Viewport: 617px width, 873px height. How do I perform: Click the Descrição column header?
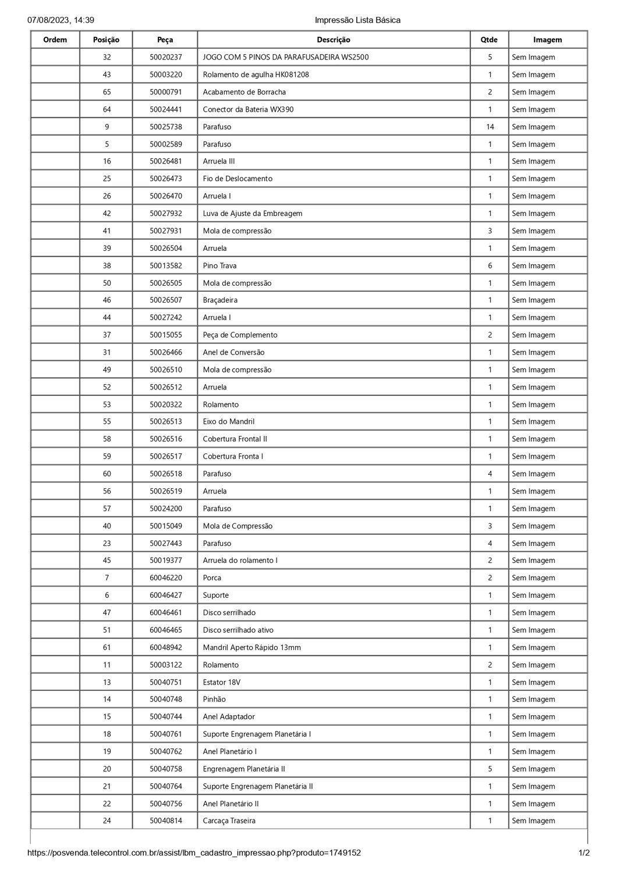334,40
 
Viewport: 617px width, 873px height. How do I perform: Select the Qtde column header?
489,40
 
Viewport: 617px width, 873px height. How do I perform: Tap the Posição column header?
107,40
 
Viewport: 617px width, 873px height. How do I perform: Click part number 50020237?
165,58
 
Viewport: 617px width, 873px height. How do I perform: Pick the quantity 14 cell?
490,127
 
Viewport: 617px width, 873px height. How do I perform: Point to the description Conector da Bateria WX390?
248,109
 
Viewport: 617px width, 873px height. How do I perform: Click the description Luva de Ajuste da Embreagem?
253,214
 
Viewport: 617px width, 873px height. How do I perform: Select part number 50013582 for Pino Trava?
165,266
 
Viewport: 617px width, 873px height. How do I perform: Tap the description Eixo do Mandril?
229,421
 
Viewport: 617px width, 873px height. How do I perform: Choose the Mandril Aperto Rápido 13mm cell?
252,647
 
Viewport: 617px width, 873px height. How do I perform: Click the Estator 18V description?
222,682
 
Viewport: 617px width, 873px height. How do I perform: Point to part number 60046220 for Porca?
165,578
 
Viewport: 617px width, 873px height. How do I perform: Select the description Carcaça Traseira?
229,821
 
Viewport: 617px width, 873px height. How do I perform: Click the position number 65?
107,92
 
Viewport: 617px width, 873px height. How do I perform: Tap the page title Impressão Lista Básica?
357,20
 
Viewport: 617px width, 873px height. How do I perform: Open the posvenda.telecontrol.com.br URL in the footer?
194,853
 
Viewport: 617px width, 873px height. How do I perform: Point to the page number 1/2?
584,853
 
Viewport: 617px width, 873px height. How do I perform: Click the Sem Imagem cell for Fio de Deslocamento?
533,179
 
